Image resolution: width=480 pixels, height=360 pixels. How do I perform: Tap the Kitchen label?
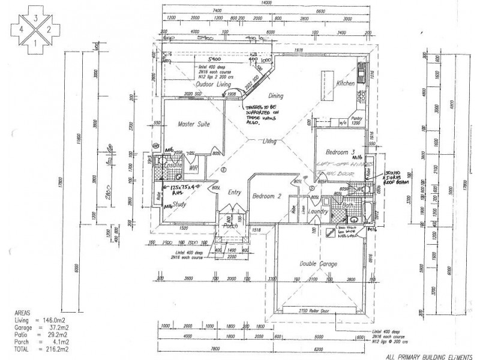click(346, 83)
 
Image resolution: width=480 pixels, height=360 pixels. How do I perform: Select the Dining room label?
click(275, 95)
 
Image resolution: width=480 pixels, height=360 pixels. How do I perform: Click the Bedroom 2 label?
click(268, 196)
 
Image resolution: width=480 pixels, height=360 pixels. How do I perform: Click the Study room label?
click(180, 204)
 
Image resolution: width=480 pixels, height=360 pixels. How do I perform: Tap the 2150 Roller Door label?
click(315, 310)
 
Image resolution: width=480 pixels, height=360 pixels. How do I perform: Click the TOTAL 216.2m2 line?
click(30, 348)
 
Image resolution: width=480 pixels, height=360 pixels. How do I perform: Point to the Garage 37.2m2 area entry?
click(30, 328)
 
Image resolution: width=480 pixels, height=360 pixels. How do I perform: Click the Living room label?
click(268, 142)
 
